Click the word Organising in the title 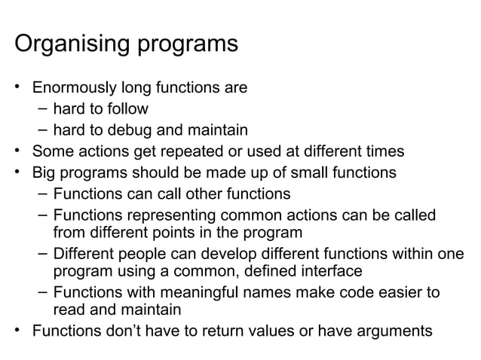coord(73,44)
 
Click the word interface coord(330,270)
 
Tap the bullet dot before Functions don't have coord(19,331)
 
